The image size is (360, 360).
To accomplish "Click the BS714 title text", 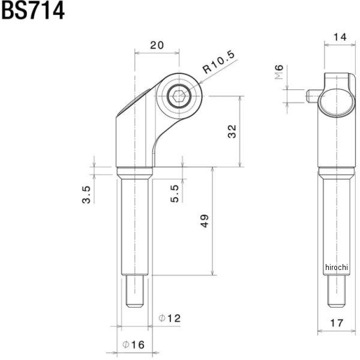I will pyautogui.click(x=32, y=11).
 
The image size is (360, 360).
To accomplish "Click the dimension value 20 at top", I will pyautogui.click(x=157, y=45).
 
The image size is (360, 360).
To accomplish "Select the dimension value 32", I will pyautogui.click(x=232, y=131).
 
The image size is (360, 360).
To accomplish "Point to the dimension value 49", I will pyautogui.click(x=205, y=221).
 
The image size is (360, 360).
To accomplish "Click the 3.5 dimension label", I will pyautogui.click(x=86, y=194).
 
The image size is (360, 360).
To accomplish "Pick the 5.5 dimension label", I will pyautogui.click(x=175, y=193).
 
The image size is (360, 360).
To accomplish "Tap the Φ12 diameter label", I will pyautogui.click(x=170, y=318).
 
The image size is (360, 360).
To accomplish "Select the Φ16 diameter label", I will pyautogui.click(x=133, y=344).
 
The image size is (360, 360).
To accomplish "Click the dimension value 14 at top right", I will pyautogui.click(x=340, y=37).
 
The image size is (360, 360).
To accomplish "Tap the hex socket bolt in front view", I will pyautogui.click(x=178, y=96).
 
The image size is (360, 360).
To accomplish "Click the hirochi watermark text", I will pyautogui.click(x=337, y=266).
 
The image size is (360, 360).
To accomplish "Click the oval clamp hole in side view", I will pyautogui.click(x=334, y=100).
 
